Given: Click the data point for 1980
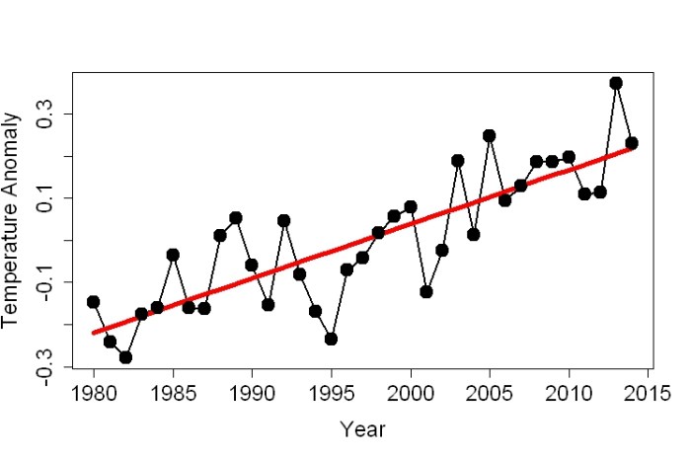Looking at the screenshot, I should coord(94,302).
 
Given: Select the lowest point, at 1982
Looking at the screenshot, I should coord(125,357).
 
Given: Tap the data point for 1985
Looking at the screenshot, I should coord(173,255).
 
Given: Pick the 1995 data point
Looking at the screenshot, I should coord(331,339).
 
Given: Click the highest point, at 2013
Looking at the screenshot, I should coord(616,83).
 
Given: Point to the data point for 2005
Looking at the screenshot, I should coord(489,135).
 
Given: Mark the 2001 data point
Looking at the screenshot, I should coord(425,292).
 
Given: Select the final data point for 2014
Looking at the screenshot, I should coord(632,143).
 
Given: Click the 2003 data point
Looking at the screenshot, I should coord(457,160).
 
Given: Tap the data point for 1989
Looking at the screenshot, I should coord(236,217).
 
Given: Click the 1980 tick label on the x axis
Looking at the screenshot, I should coord(94,394).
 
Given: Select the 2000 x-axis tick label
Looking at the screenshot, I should coord(410,394).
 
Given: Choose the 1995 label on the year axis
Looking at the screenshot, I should coord(331,394).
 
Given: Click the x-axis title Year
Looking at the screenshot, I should coord(362,429).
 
